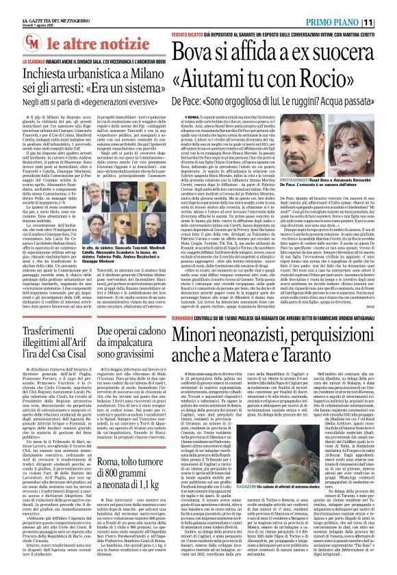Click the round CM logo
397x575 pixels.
(x=16, y=44)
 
